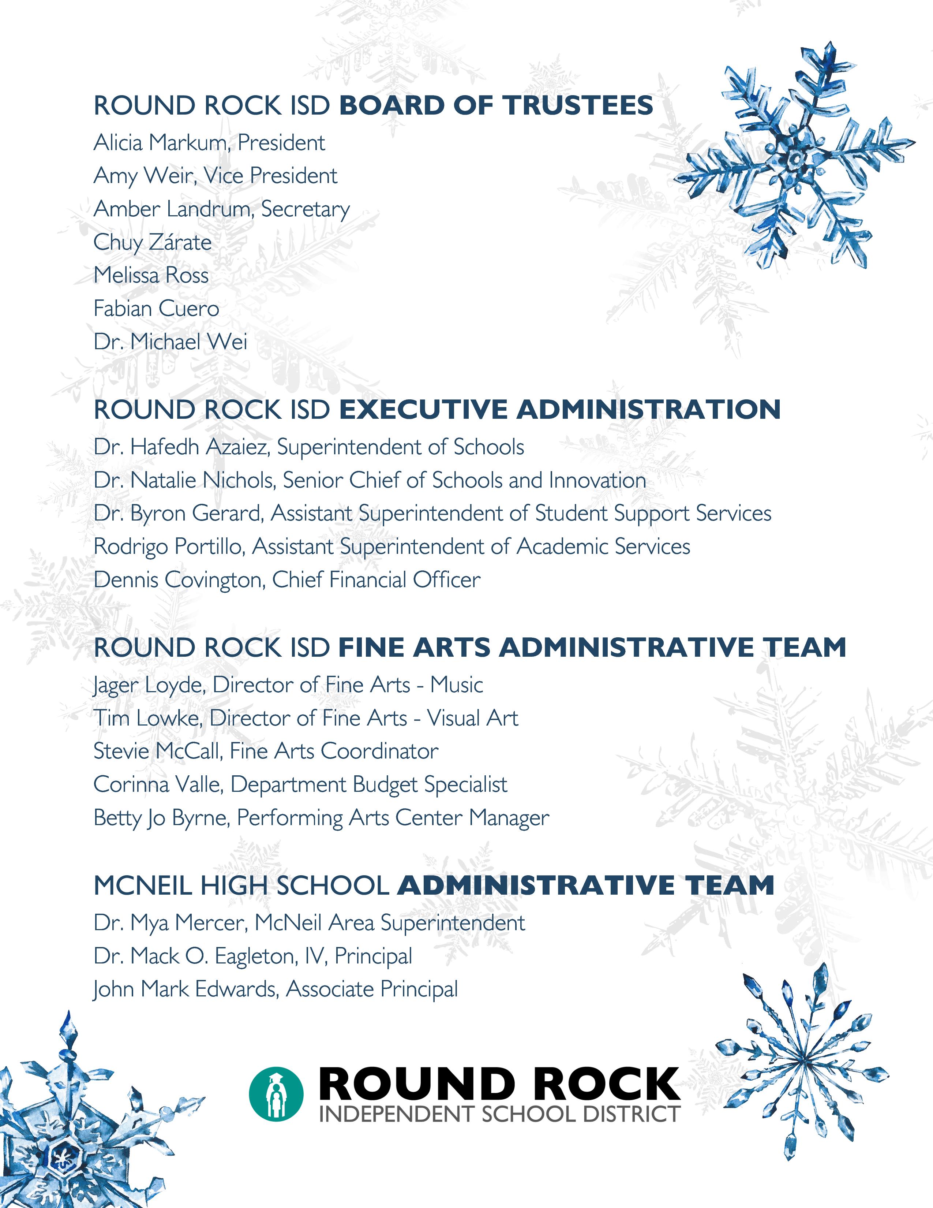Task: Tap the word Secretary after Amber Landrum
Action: click(305, 209)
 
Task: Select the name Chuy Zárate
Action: click(153, 242)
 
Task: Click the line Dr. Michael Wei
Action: click(170, 342)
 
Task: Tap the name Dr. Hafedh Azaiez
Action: click(181, 447)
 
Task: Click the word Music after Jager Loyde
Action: click(457, 685)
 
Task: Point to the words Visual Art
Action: click(473, 718)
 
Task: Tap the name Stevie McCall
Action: click(157, 751)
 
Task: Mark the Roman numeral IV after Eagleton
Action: click(314, 956)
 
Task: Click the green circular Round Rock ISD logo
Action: click(276, 1094)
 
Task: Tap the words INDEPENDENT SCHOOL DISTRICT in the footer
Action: click(499, 1114)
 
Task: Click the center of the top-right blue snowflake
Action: click(795, 159)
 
